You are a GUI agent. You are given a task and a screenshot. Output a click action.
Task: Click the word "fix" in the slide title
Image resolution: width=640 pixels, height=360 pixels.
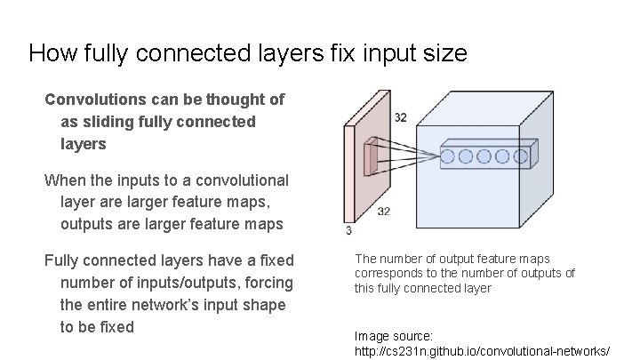click(338, 53)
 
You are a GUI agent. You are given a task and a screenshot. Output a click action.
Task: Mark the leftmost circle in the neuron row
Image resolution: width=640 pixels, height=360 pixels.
click(448, 156)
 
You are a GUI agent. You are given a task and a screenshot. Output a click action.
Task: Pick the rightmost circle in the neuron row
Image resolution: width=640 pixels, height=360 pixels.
click(518, 156)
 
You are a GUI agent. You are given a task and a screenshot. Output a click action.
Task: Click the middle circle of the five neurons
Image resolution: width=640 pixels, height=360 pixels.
click(484, 156)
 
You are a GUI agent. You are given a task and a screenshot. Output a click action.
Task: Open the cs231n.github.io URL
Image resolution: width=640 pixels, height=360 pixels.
click(482, 351)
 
